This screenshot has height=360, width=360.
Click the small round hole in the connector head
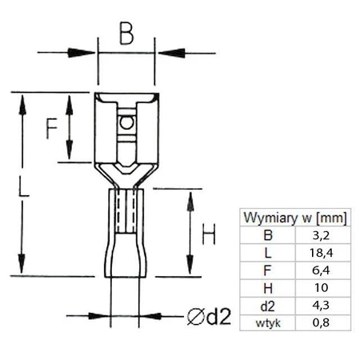pyautogui.click(x=124, y=124)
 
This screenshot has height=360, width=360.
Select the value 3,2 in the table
pyautogui.click(x=322, y=235)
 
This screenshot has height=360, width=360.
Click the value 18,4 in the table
pyautogui.click(x=322, y=253)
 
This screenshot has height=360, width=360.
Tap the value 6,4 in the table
pyautogui.click(x=322, y=270)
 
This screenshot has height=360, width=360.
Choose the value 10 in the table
pyautogui.click(x=322, y=288)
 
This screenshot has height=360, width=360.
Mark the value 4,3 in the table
pyautogui.click(x=322, y=306)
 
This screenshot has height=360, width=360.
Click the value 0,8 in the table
pyautogui.click(x=322, y=322)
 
